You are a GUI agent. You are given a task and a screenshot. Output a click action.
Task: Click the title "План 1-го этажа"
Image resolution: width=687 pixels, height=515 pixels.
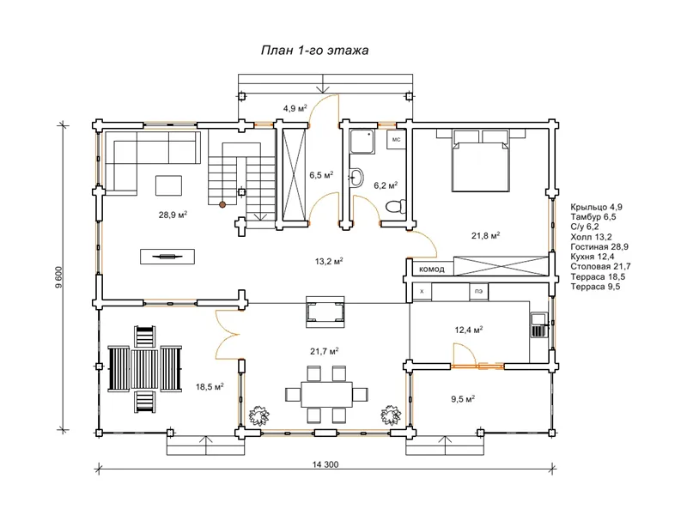(x=314, y=51)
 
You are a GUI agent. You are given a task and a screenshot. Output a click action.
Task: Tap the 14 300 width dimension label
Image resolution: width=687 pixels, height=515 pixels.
(x=325, y=464)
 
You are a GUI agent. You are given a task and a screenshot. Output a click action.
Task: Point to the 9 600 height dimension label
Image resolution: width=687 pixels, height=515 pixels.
(x=58, y=277)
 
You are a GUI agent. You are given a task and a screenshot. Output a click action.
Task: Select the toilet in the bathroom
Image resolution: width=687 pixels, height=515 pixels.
(x=397, y=206)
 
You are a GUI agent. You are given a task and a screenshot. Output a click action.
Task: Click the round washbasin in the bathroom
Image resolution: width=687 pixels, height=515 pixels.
(x=356, y=178)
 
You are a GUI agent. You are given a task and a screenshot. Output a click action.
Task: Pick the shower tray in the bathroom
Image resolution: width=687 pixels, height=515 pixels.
(x=362, y=142)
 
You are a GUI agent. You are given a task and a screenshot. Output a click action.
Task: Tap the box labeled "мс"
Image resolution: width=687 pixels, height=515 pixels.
(x=396, y=140)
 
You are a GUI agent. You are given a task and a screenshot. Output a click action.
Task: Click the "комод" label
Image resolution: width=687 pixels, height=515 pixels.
(x=432, y=269)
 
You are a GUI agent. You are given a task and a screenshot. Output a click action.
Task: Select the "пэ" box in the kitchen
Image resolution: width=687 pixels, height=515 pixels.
(x=478, y=292)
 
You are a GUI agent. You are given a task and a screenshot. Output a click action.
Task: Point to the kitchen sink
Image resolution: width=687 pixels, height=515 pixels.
(x=538, y=324)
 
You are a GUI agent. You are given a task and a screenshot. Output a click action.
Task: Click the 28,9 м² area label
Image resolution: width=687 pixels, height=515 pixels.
(x=173, y=215)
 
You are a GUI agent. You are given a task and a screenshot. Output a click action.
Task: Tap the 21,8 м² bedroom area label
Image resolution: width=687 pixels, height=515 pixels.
(x=485, y=235)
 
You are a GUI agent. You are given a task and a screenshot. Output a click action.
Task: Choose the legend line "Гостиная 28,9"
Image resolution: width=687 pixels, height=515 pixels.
(x=599, y=246)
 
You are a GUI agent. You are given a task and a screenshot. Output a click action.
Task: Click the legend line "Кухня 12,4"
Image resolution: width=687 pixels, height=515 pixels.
(x=593, y=257)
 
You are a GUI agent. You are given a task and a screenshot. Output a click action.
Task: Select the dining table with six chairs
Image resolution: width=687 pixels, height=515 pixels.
(x=326, y=394)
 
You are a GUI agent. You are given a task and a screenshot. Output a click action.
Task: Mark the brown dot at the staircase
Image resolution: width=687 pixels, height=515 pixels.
(x=222, y=204)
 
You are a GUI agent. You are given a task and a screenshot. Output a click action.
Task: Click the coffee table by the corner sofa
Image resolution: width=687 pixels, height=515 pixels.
(x=168, y=185)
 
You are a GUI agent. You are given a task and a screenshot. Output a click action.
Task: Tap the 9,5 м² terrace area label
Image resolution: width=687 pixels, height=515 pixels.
(x=463, y=399)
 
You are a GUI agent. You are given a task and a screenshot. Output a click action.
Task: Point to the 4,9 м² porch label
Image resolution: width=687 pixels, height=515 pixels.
(x=295, y=108)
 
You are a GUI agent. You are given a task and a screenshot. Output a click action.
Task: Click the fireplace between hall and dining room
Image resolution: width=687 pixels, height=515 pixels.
(x=325, y=312)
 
